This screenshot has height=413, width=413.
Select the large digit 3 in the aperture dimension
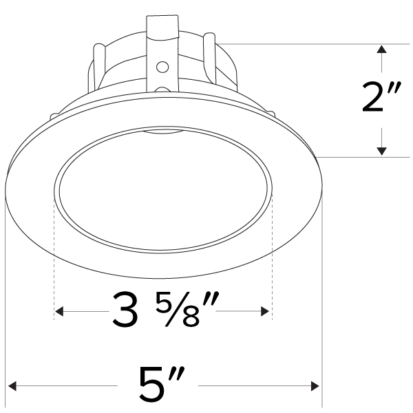[x=125, y=311]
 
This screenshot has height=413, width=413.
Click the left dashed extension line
[x=54, y=262]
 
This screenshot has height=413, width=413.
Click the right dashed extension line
[x=273, y=262]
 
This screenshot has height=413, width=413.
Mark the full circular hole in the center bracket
[x=162, y=67]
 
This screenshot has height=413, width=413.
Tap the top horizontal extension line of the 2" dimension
[x=310, y=44]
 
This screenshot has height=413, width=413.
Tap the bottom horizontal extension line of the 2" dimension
[x=365, y=157]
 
